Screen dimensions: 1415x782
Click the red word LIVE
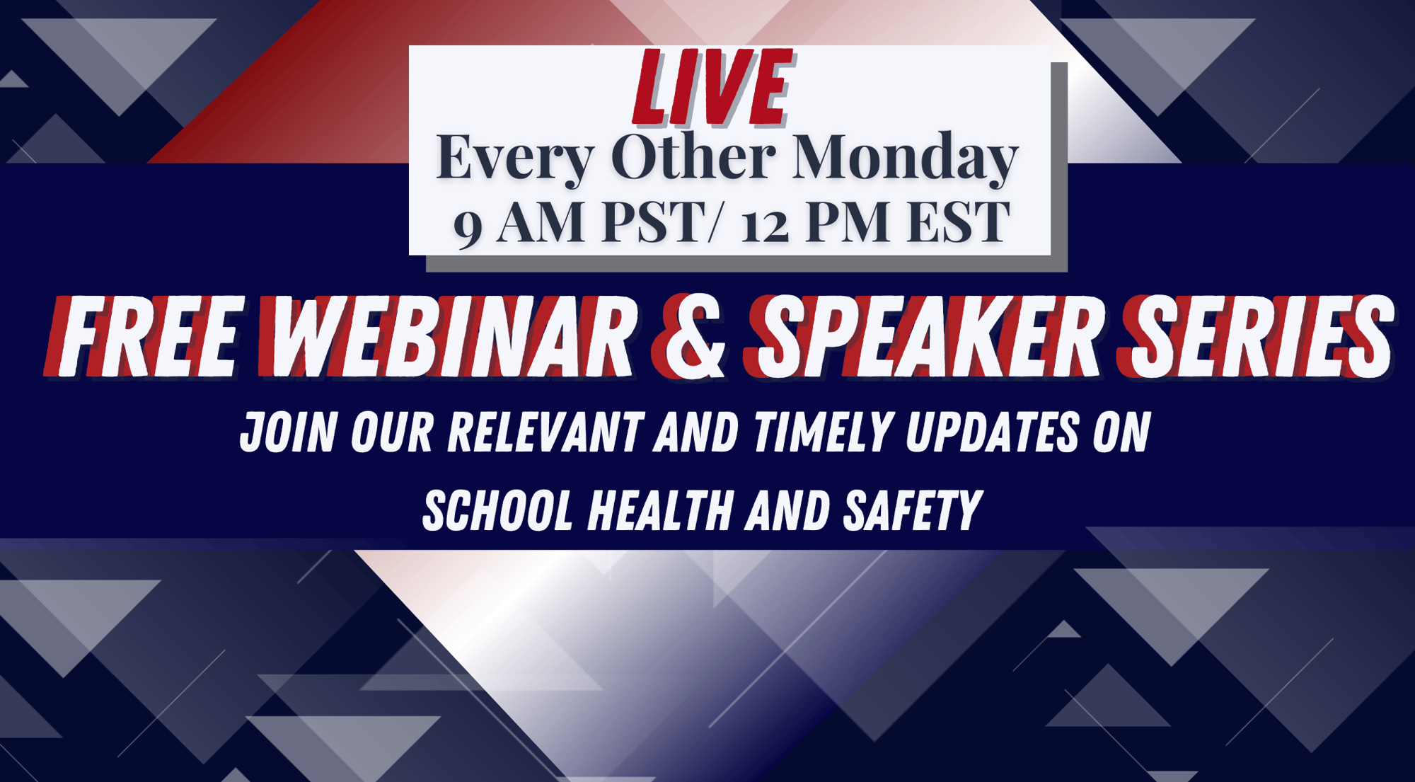tap(713, 88)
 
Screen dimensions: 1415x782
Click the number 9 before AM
tap(468, 226)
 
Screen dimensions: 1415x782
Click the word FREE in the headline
tap(145, 336)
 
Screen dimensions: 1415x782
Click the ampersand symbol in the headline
tap(690, 336)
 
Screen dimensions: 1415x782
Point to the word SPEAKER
tap(923, 336)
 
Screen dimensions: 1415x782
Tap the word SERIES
tap(1256, 336)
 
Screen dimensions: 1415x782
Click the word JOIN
tap(288, 432)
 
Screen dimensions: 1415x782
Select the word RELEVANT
tap(545, 432)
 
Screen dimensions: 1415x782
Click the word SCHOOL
tap(497, 510)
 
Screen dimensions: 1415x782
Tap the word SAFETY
tap(912, 510)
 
